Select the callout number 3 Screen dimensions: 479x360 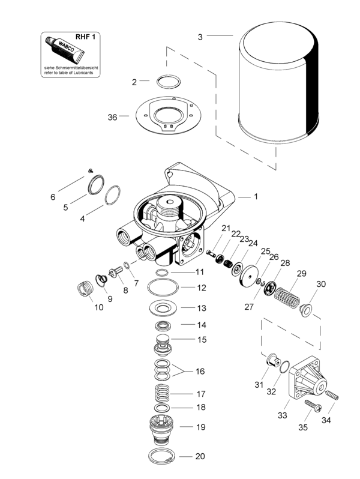coord(200,36)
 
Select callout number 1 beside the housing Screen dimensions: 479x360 coord(256,196)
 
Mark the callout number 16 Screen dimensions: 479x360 coord(200,372)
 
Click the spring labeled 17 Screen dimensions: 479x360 coord(161,394)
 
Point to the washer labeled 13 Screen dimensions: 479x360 coord(161,309)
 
